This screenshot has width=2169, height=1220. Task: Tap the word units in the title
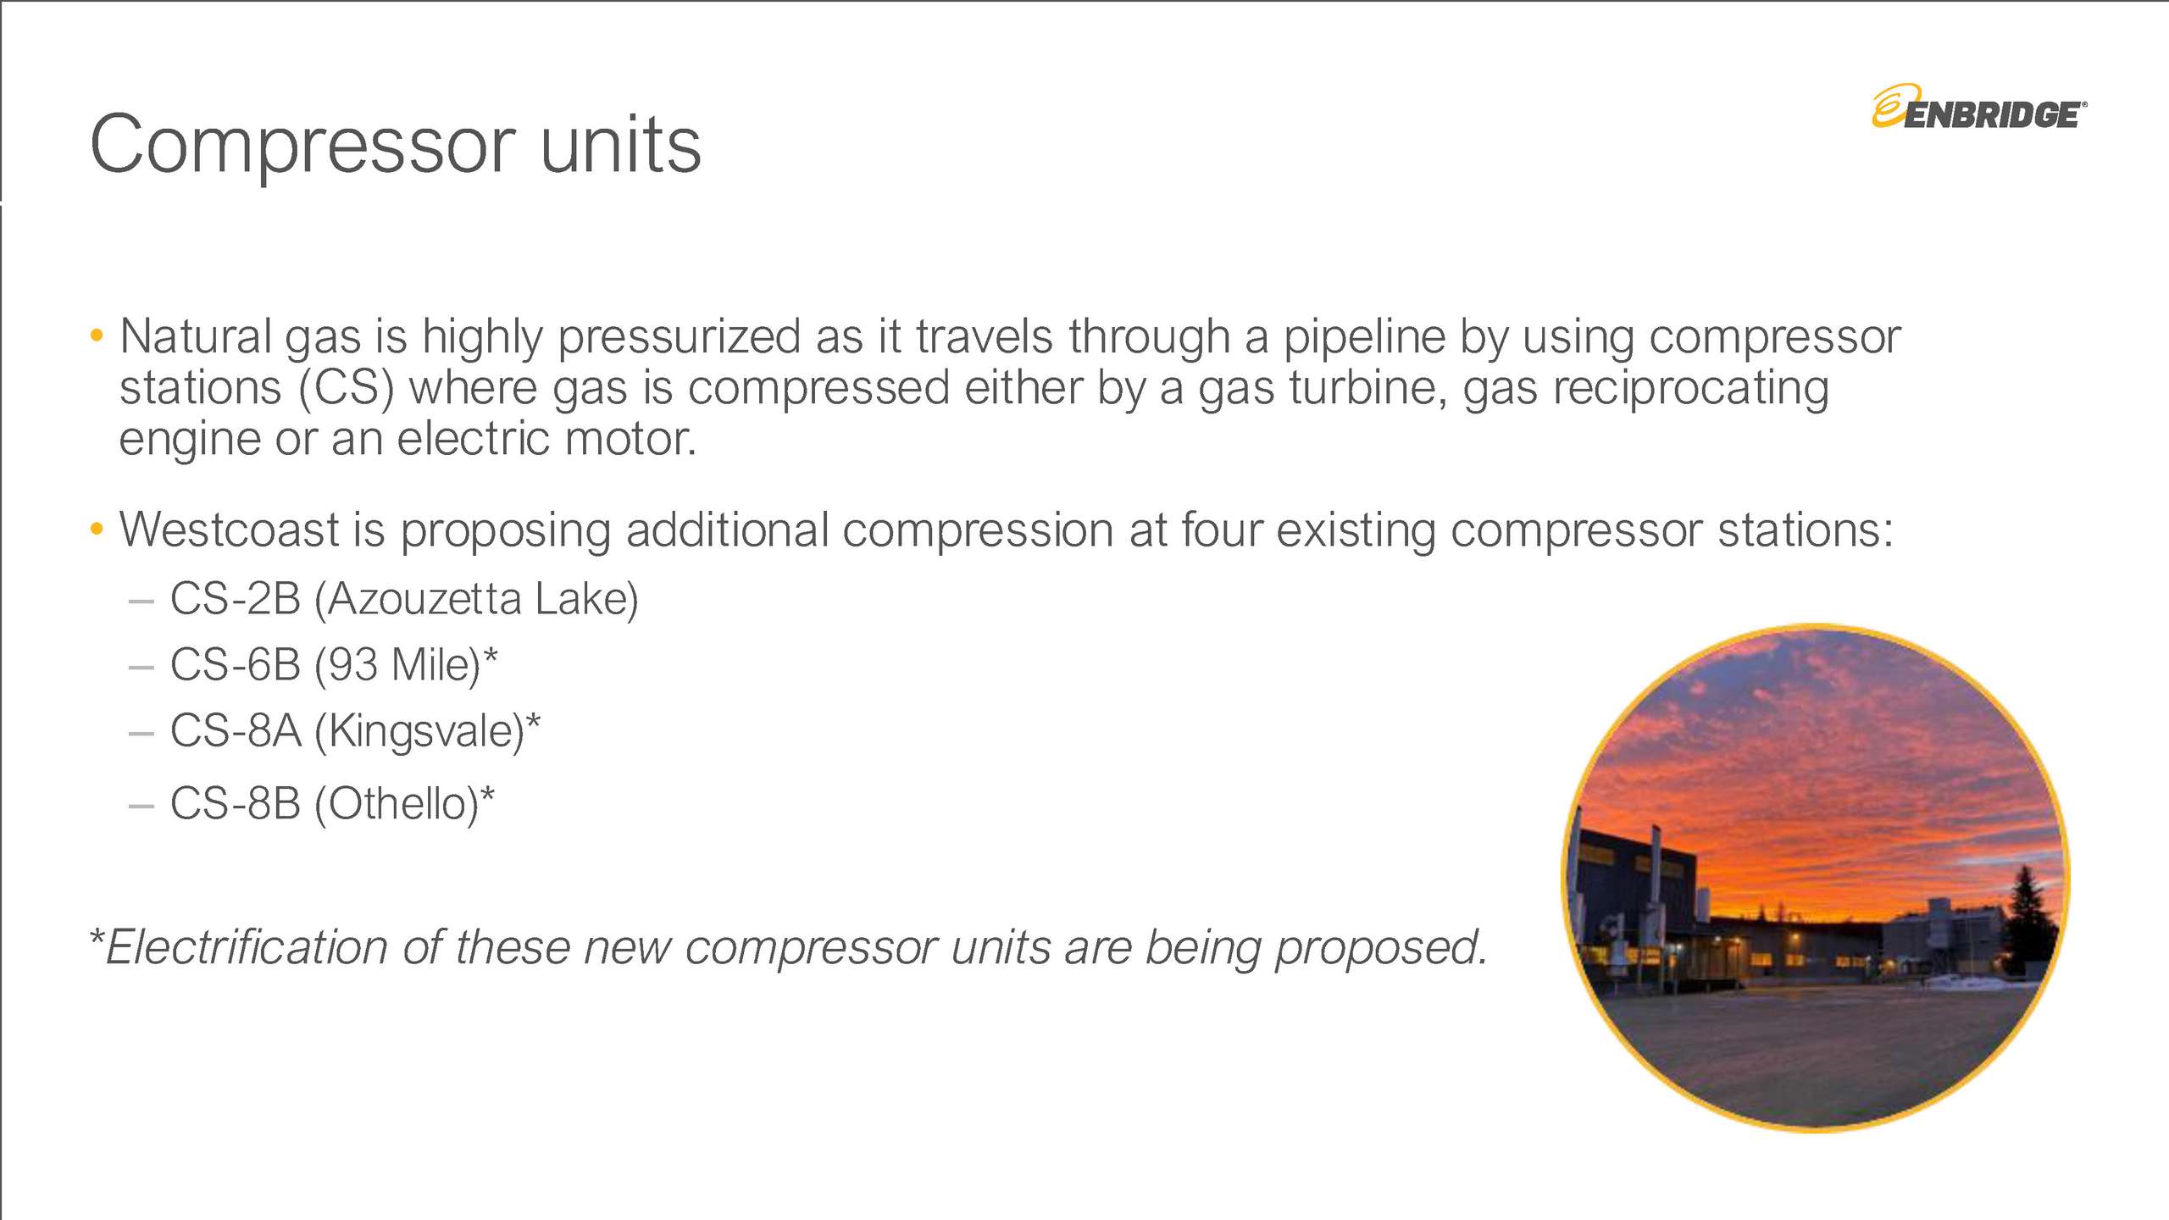point(620,146)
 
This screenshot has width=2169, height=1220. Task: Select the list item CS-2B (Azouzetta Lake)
point(403,599)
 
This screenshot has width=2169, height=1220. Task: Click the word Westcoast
point(229,530)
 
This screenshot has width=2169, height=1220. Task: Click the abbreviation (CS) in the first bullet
point(346,389)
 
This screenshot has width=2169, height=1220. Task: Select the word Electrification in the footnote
point(246,947)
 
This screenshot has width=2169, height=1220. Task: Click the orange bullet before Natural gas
point(97,336)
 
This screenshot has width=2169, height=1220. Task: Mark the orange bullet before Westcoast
point(97,530)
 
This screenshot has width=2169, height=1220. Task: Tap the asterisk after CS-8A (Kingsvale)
point(533,723)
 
